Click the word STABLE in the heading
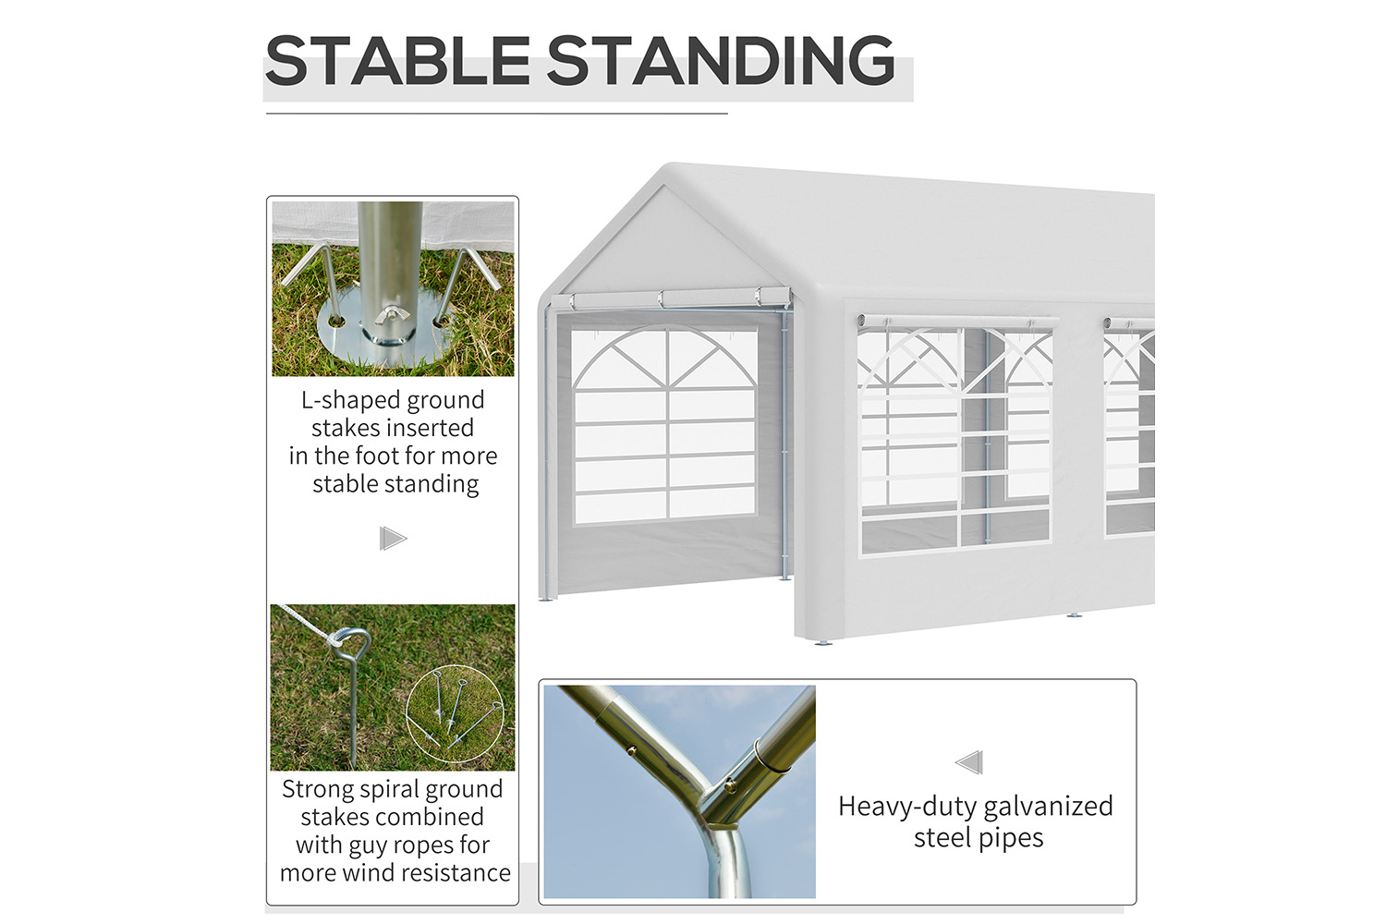click(x=398, y=60)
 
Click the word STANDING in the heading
click(x=721, y=60)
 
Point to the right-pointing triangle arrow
click(x=393, y=539)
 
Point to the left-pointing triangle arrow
click(x=969, y=762)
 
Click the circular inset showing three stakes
click(x=456, y=713)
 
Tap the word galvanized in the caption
click(x=1048, y=807)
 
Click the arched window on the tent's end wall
click(x=664, y=425)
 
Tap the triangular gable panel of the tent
click(x=664, y=241)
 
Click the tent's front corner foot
click(x=823, y=642)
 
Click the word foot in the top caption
click(x=377, y=456)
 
